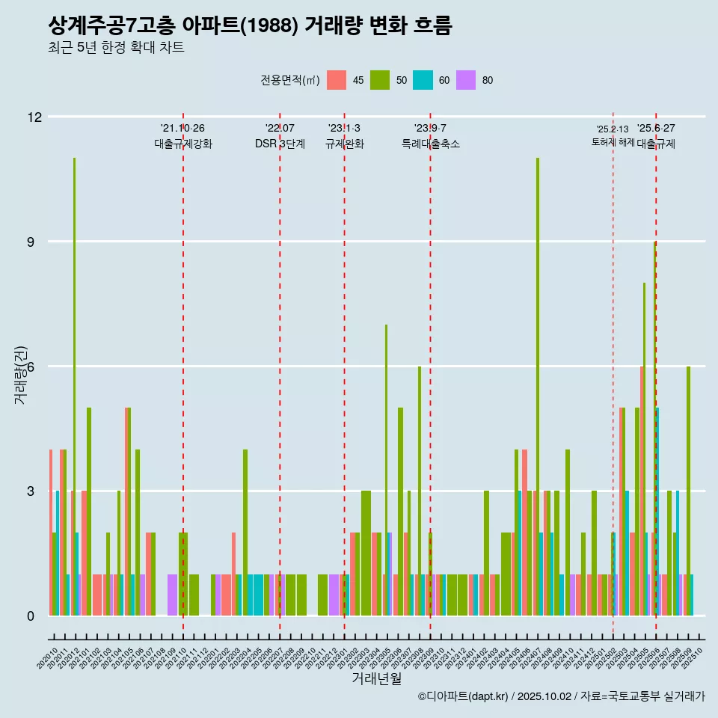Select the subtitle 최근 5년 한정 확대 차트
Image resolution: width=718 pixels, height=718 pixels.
pos(115,48)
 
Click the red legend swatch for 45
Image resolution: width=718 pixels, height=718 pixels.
pos(337,80)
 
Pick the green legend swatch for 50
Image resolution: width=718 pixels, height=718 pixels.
pos(380,80)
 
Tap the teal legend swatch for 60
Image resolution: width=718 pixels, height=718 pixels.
pos(423,80)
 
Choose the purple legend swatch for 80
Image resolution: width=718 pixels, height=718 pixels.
pos(466,80)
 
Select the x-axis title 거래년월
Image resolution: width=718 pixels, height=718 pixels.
pos(376,679)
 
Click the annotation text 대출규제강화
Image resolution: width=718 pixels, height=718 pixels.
pos(183,144)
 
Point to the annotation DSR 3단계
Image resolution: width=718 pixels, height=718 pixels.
pos(280,144)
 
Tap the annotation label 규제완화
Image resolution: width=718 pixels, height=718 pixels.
pos(344,144)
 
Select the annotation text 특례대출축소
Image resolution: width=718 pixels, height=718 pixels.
pos(430,144)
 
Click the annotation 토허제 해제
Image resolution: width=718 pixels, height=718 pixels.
pos(613,142)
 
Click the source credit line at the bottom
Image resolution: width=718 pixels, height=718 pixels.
pos(561,696)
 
